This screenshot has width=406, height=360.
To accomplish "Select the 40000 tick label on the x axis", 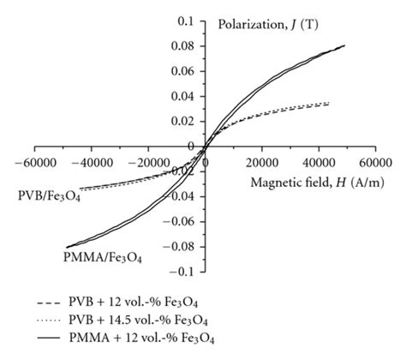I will pyautogui.click(x=317, y=162).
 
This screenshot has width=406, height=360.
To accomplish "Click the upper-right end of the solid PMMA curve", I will pyautogui.click(x=344, y=45).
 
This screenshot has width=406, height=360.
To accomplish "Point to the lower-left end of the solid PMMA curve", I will pyautogui.click(x=67, y=247).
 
